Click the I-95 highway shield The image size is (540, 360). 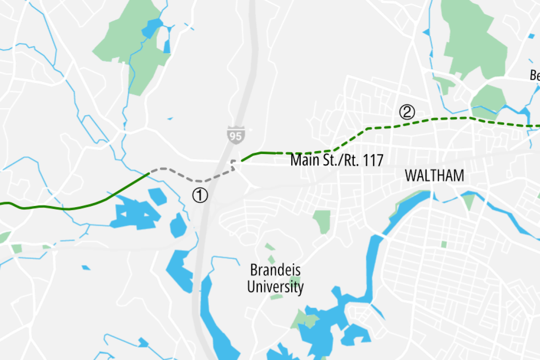tap(235, 135)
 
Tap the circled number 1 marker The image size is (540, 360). tap(200, 195)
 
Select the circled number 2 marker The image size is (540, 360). tap(407, 112)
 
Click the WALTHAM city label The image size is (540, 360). tap(435, 176)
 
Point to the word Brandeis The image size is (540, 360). tap(275, 270)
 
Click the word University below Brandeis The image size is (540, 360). tap(275, 287)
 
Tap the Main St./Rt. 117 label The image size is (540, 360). tap(337, 160)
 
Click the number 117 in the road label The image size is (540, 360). tap(371, 160)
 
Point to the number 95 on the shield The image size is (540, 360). tap(235, 136)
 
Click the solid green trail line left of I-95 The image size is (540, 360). tap(84, 206)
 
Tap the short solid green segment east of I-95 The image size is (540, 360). tap(257, 154)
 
